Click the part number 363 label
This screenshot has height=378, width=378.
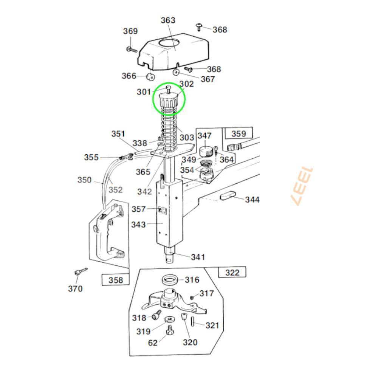[168, 20]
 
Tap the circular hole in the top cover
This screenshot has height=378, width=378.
[169, 44]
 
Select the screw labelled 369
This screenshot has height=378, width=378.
[132, 50]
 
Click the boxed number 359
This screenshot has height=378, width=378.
[239, 133]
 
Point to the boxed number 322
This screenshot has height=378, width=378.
[232, 273]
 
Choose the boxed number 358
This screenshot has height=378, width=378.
[116, 280]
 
